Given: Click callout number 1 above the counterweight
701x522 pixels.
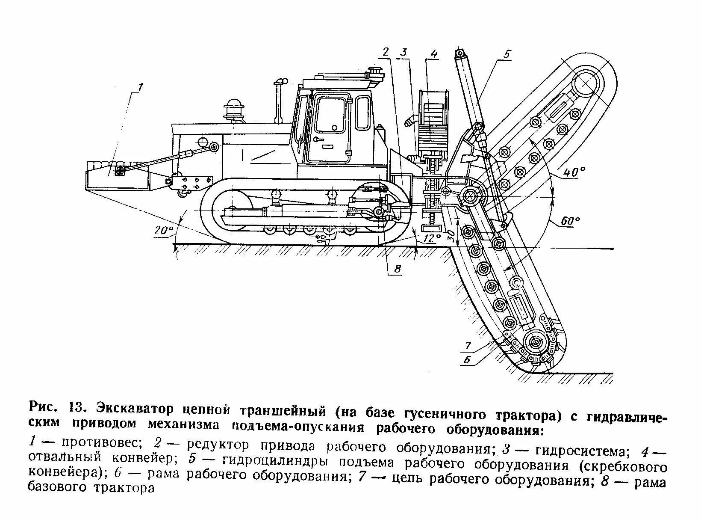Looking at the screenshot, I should [140, 87].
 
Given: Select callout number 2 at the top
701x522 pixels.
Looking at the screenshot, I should [386, 52].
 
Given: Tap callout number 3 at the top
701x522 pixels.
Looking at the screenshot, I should [404, 52].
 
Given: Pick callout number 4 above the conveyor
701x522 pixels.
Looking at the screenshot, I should [434, 53].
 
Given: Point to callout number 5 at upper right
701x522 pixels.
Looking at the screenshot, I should [507, 54].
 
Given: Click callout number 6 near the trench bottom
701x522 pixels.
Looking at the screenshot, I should [467, 360].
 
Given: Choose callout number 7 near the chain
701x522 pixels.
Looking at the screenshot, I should [468, 345].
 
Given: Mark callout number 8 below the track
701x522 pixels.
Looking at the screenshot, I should [397, 269].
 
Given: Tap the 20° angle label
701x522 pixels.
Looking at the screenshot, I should [164, 230].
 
